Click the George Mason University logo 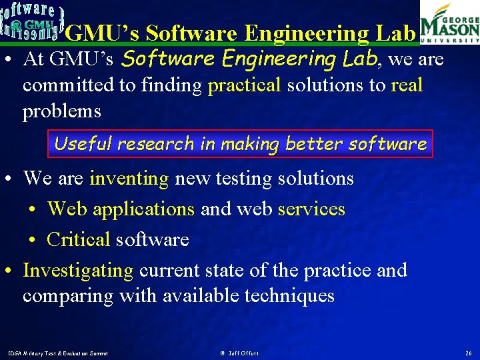(x=449, y=23)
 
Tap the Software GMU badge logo (x=31, y=21)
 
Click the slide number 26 (x=467, y=352)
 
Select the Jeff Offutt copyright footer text (x=239, y=352)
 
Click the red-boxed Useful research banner (x=240, y=144)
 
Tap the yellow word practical (x=244, y=85)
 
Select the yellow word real (x=407, y=85)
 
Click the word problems (x=61, y=111)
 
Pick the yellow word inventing (x=129, y=179)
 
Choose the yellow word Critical (x=78, y=239)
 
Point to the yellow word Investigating (x=78, y=271)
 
